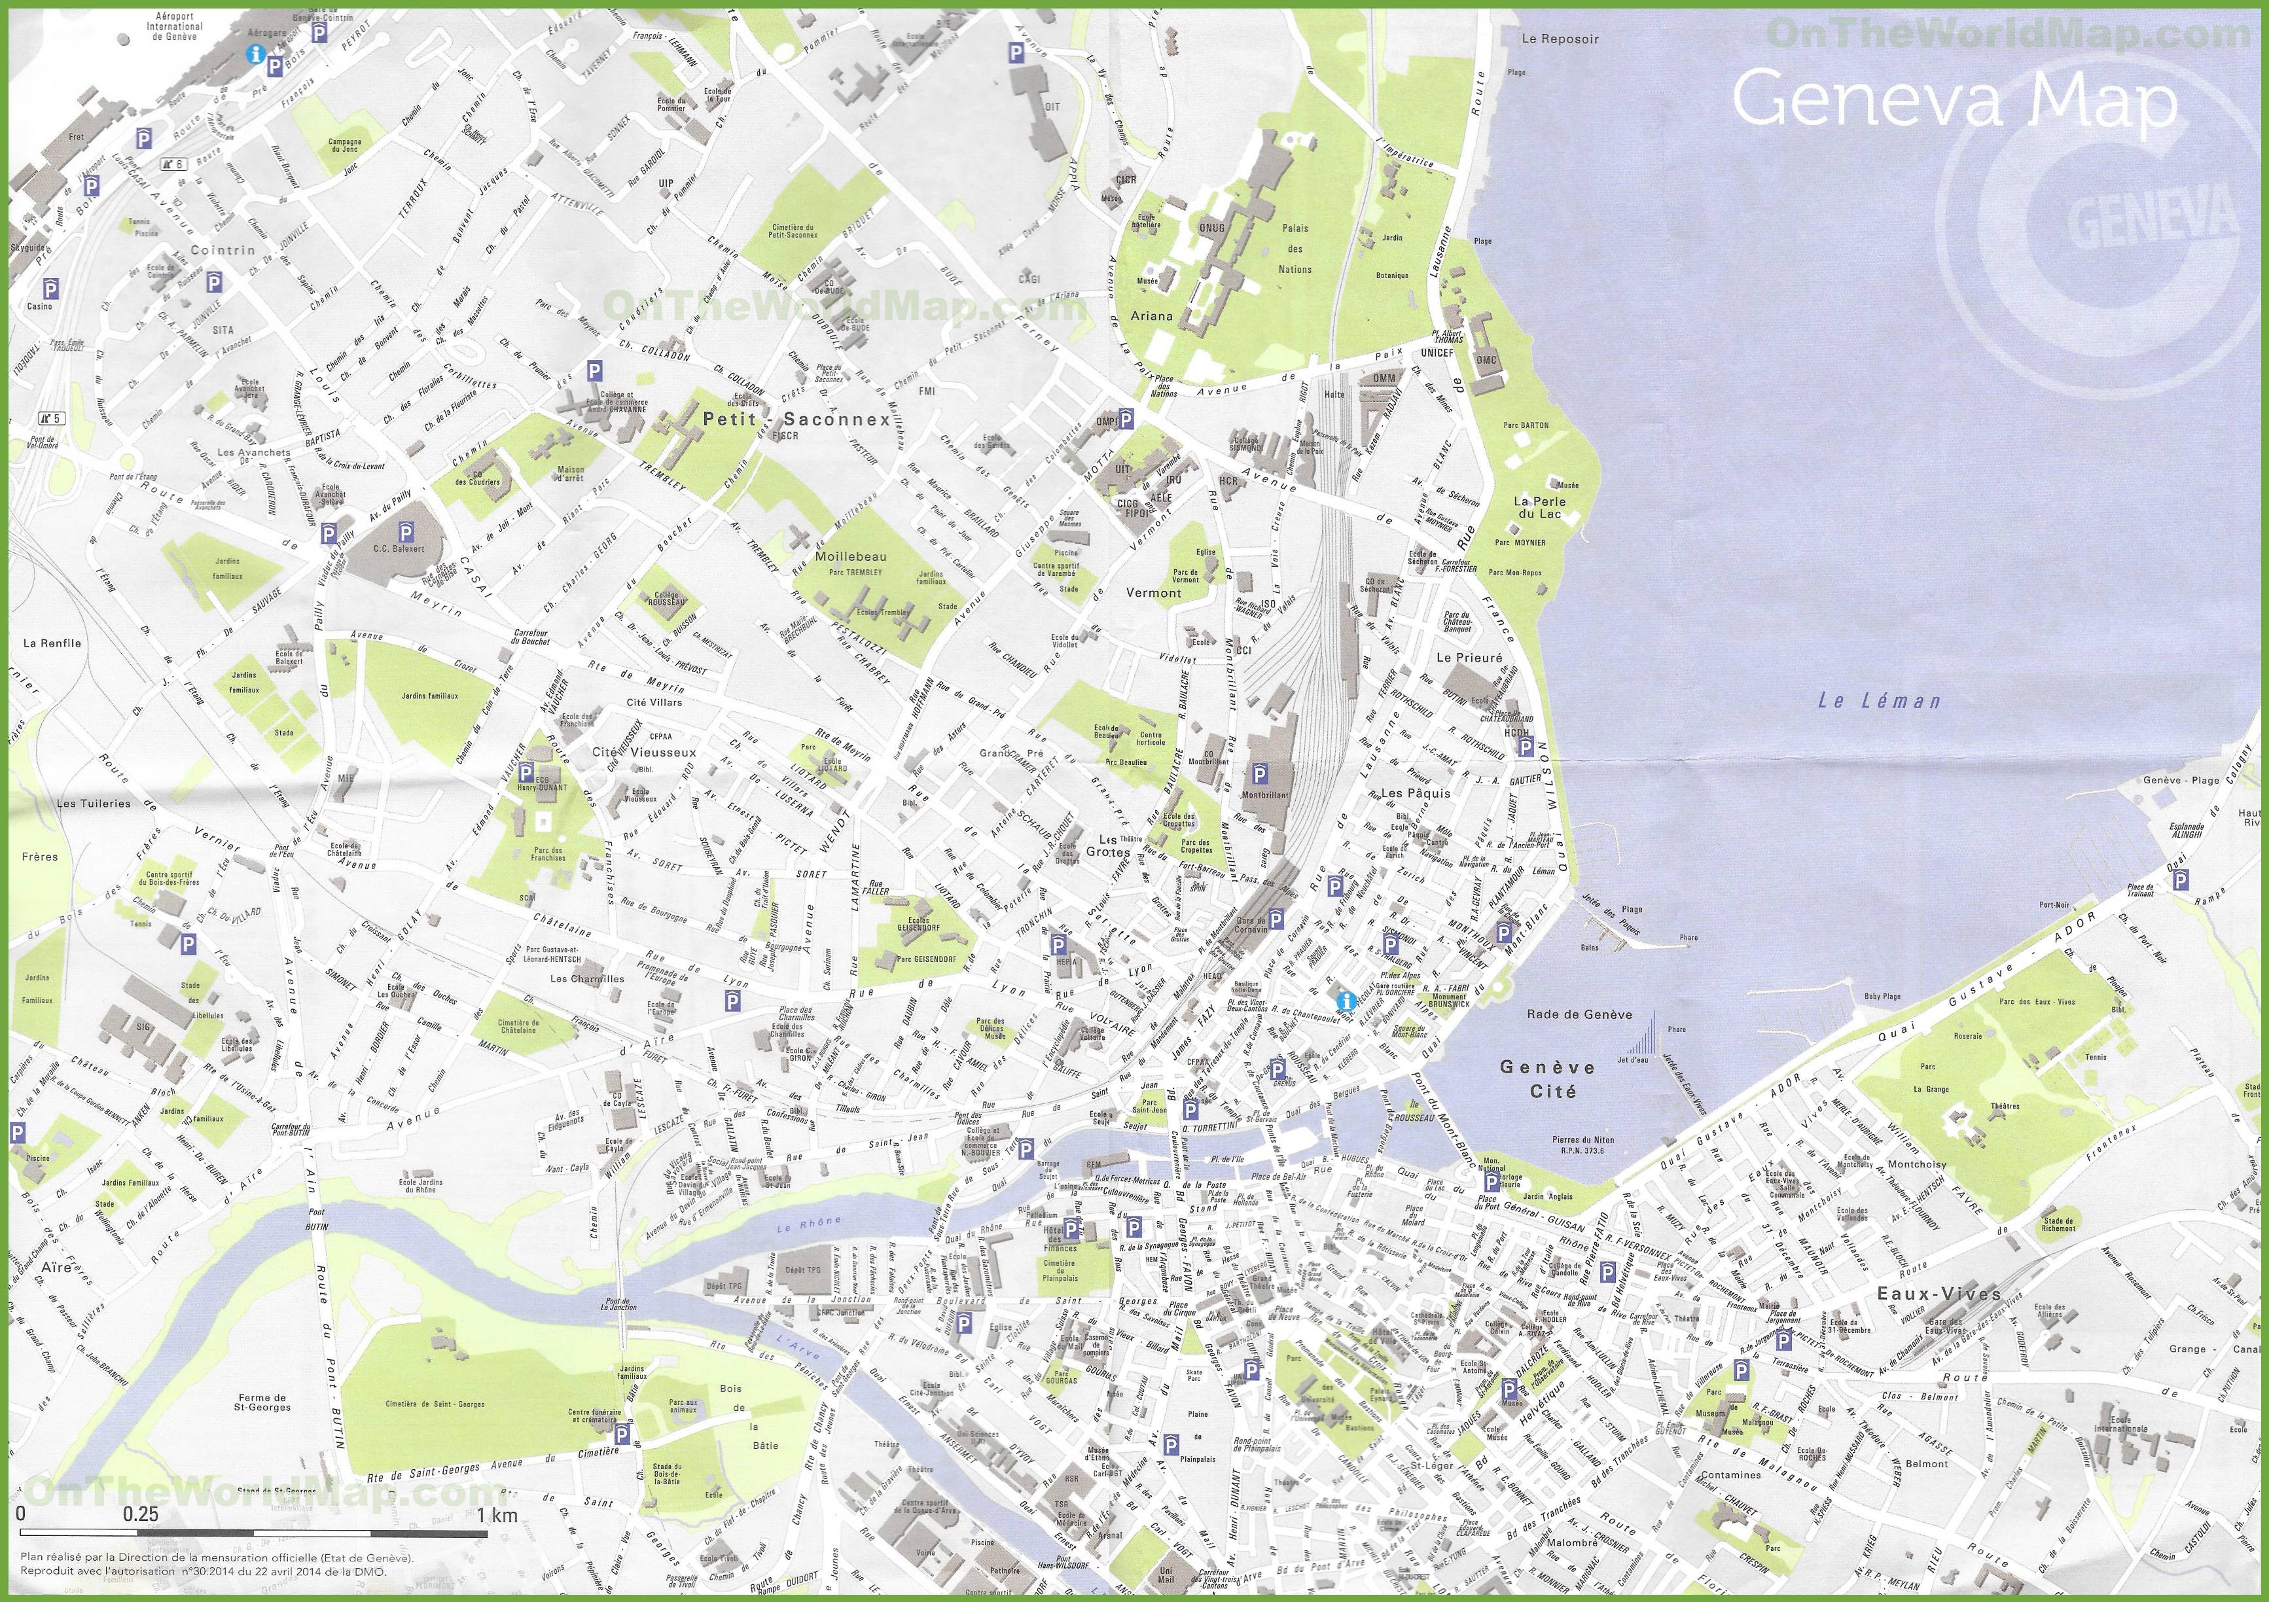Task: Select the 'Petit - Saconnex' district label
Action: [x=796, y=419]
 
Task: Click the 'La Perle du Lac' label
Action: [x=1538, y=507]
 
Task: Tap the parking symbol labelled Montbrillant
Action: [x=1260, y=773]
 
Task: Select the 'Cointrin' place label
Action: [x=223, y=250]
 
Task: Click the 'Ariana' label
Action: [x=1152, y=316]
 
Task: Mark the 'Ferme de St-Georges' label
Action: [x=261, y=1402]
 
